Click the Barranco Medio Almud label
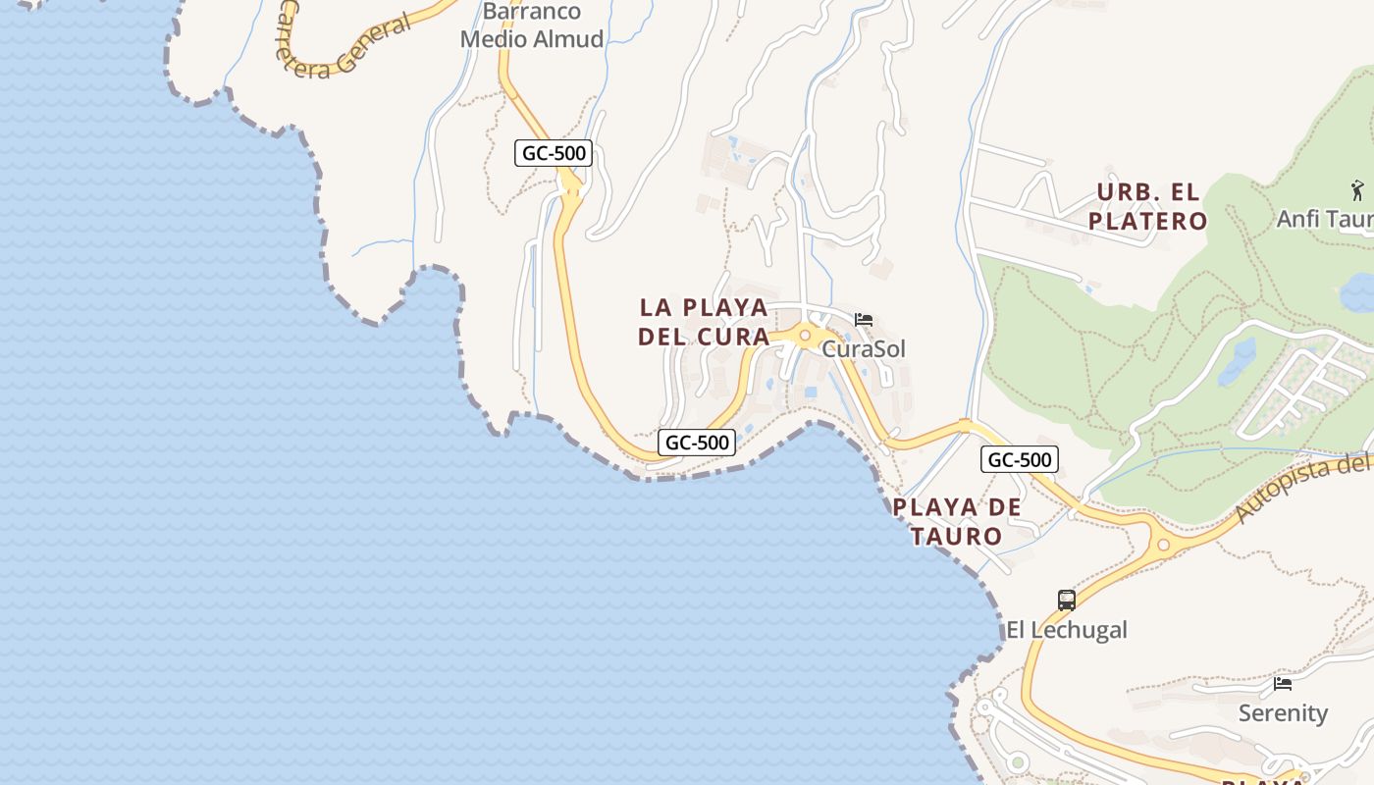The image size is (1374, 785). click(x=531, y=26)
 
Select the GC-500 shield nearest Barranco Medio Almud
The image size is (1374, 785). click(x=554, y=153)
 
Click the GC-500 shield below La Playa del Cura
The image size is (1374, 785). click(x=697, y=443)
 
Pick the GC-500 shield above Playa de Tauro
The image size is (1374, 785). click(x=1020, y=459)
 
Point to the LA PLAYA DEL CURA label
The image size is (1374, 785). click(x=704, y=322)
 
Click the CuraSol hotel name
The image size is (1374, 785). click(x=864, y=349)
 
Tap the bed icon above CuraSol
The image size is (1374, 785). click(x=864, y=320)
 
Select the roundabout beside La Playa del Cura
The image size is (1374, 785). click(x=805, y=337)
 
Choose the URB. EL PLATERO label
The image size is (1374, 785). click(x=1148, y=206)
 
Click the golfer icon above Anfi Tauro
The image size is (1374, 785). click(x=1357, y=189)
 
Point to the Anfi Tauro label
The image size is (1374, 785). click(x=1325, y=219)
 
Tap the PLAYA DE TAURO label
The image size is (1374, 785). click(x=957, y=522)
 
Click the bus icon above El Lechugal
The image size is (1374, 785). click(x=1067, y=600)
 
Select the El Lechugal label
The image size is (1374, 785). click(x=1067, y=630)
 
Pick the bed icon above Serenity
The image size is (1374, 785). click(x=1283, y=684)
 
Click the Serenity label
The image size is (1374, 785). click(x=1283, y=713)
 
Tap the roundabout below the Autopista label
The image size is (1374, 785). click(x=1163, y=545)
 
